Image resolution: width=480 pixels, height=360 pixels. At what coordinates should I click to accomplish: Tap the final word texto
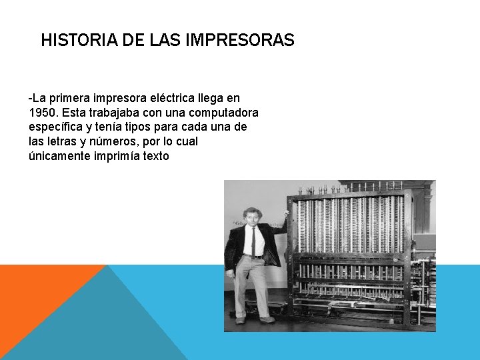click(x=155, y=156)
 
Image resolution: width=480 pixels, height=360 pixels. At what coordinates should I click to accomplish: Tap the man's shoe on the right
click(x=267, y=319)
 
